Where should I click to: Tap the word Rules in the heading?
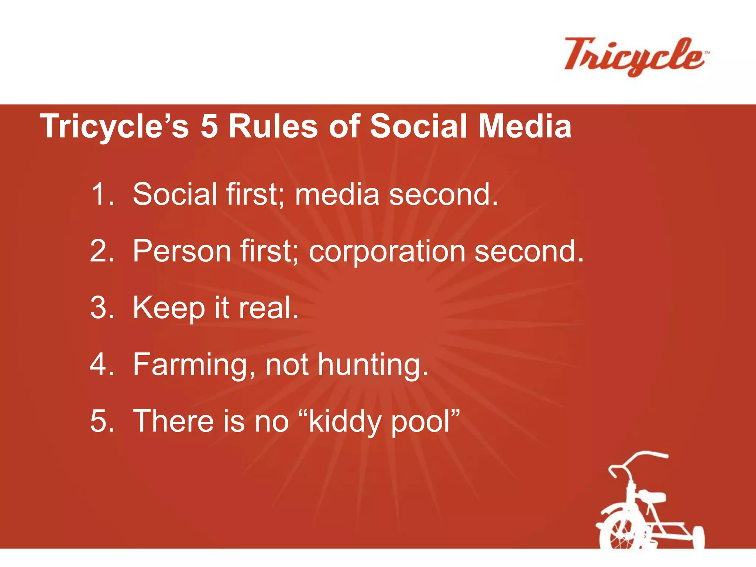(x=273, y=126)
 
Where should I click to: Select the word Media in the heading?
(x=525, y=126)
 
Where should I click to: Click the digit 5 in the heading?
(x=209, y=126)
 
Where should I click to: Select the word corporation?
(x=386, y=252)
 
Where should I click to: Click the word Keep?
(x=169, y=309)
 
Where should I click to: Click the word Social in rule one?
(x=175, y=194)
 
